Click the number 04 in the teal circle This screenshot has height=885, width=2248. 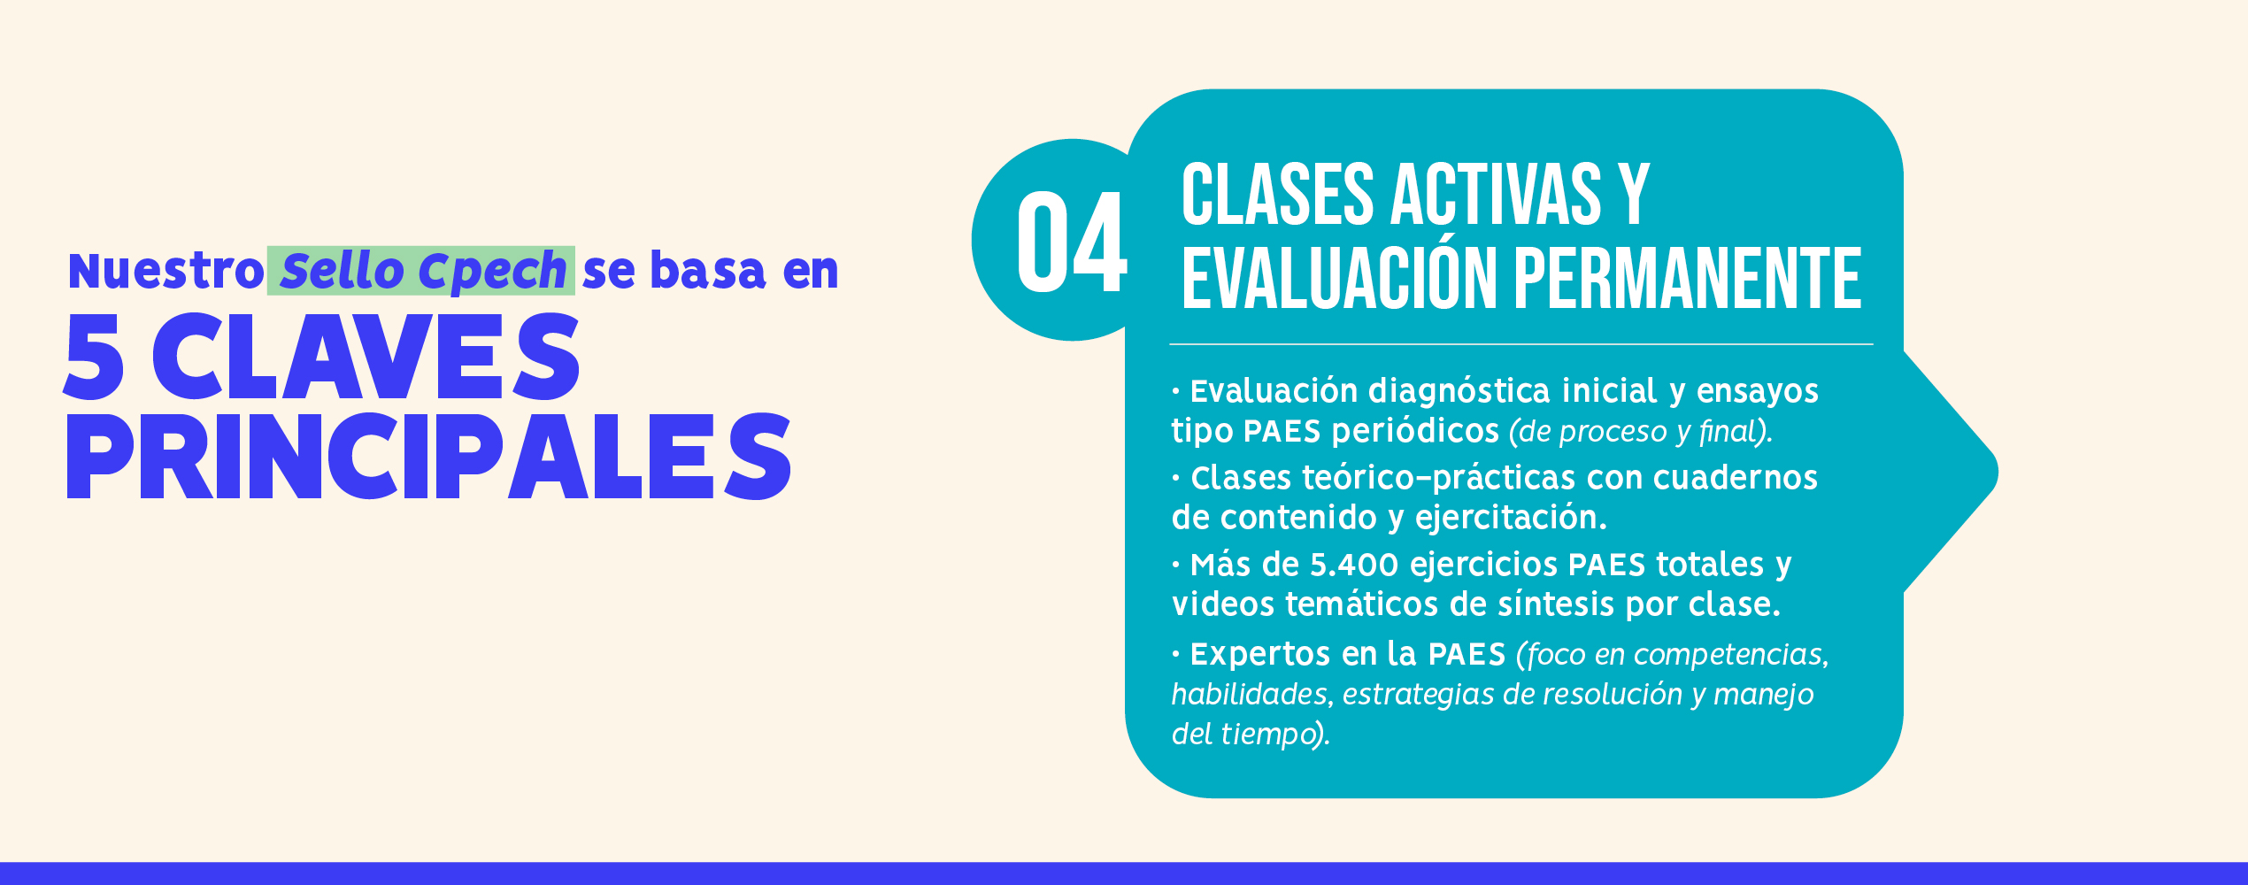click(x=1071, y=242)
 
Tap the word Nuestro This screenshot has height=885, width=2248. click(x=166, y=271)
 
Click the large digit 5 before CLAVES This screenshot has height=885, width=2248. click(x=94, y=357)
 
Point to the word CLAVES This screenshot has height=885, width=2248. click(x=366, y=357)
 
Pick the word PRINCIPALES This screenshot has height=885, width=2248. click(x=428, y=456)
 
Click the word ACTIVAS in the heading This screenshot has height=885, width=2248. click(x=1496, y=195)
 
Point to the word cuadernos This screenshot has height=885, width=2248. click(x=1735, y=478)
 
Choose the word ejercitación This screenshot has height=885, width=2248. click(x=1511, y=518)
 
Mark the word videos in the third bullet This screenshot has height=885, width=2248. click(x=1223, y=604)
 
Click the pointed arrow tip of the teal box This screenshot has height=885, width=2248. click(x=1997, y=472)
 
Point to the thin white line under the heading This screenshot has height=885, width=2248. click(x=1521, y=344)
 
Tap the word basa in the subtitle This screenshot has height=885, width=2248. click(x=707, y=271)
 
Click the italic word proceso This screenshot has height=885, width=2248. click(x=1613, y=433)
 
